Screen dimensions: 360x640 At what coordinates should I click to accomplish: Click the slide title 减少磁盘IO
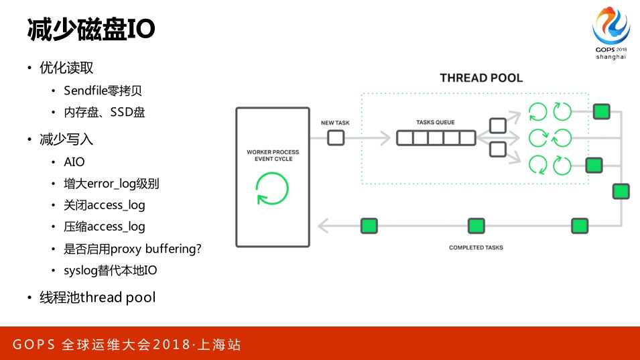point(90,29)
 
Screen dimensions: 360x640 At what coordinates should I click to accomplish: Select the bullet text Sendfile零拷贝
point(103,91)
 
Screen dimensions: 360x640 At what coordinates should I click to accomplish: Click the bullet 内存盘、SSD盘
point(104,112)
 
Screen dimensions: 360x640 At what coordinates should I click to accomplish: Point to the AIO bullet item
point(74,162)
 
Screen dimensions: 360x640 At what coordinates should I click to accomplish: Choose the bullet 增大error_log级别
point(111,184)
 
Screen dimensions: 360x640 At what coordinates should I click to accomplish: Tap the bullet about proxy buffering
point(133,249)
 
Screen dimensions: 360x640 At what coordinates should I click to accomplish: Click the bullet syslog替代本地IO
point(111,270)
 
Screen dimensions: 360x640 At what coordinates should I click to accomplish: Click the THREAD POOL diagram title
point(481,78)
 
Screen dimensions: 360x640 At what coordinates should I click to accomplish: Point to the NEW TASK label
point(336,123)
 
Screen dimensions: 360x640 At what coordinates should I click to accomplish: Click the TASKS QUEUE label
point(436,123)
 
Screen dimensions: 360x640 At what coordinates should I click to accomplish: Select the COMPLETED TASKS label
point(476,248)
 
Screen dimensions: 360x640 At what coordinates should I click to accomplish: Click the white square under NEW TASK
point(336,138)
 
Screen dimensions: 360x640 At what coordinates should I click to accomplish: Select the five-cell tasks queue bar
point(436,138)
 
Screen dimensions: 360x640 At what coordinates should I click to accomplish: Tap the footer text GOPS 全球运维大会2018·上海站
point(127,345)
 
